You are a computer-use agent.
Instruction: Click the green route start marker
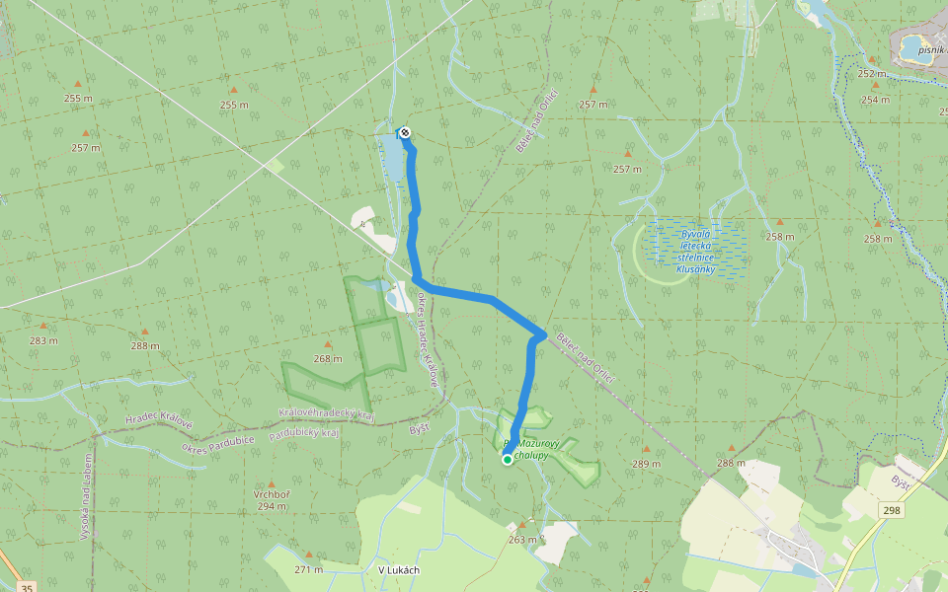coord(507,459)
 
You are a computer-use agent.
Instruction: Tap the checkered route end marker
coord(404,132)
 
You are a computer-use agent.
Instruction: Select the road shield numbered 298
coord(893,510)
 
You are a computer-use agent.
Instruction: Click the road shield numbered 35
coord(27,588)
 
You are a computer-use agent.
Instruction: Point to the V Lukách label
coord(399,569)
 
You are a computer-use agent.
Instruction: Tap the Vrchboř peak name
coord(271,494)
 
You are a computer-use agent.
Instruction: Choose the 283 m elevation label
coord(43,340)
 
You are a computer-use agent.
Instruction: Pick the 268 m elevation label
coord(328,358)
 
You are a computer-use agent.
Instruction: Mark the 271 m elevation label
coord(308,569)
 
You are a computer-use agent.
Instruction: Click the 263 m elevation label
coord(522,539)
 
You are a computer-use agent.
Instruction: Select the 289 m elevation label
coord(646,464)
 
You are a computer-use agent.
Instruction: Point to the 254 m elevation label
coord(875,100)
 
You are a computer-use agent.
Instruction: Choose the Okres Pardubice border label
coord(218,442)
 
